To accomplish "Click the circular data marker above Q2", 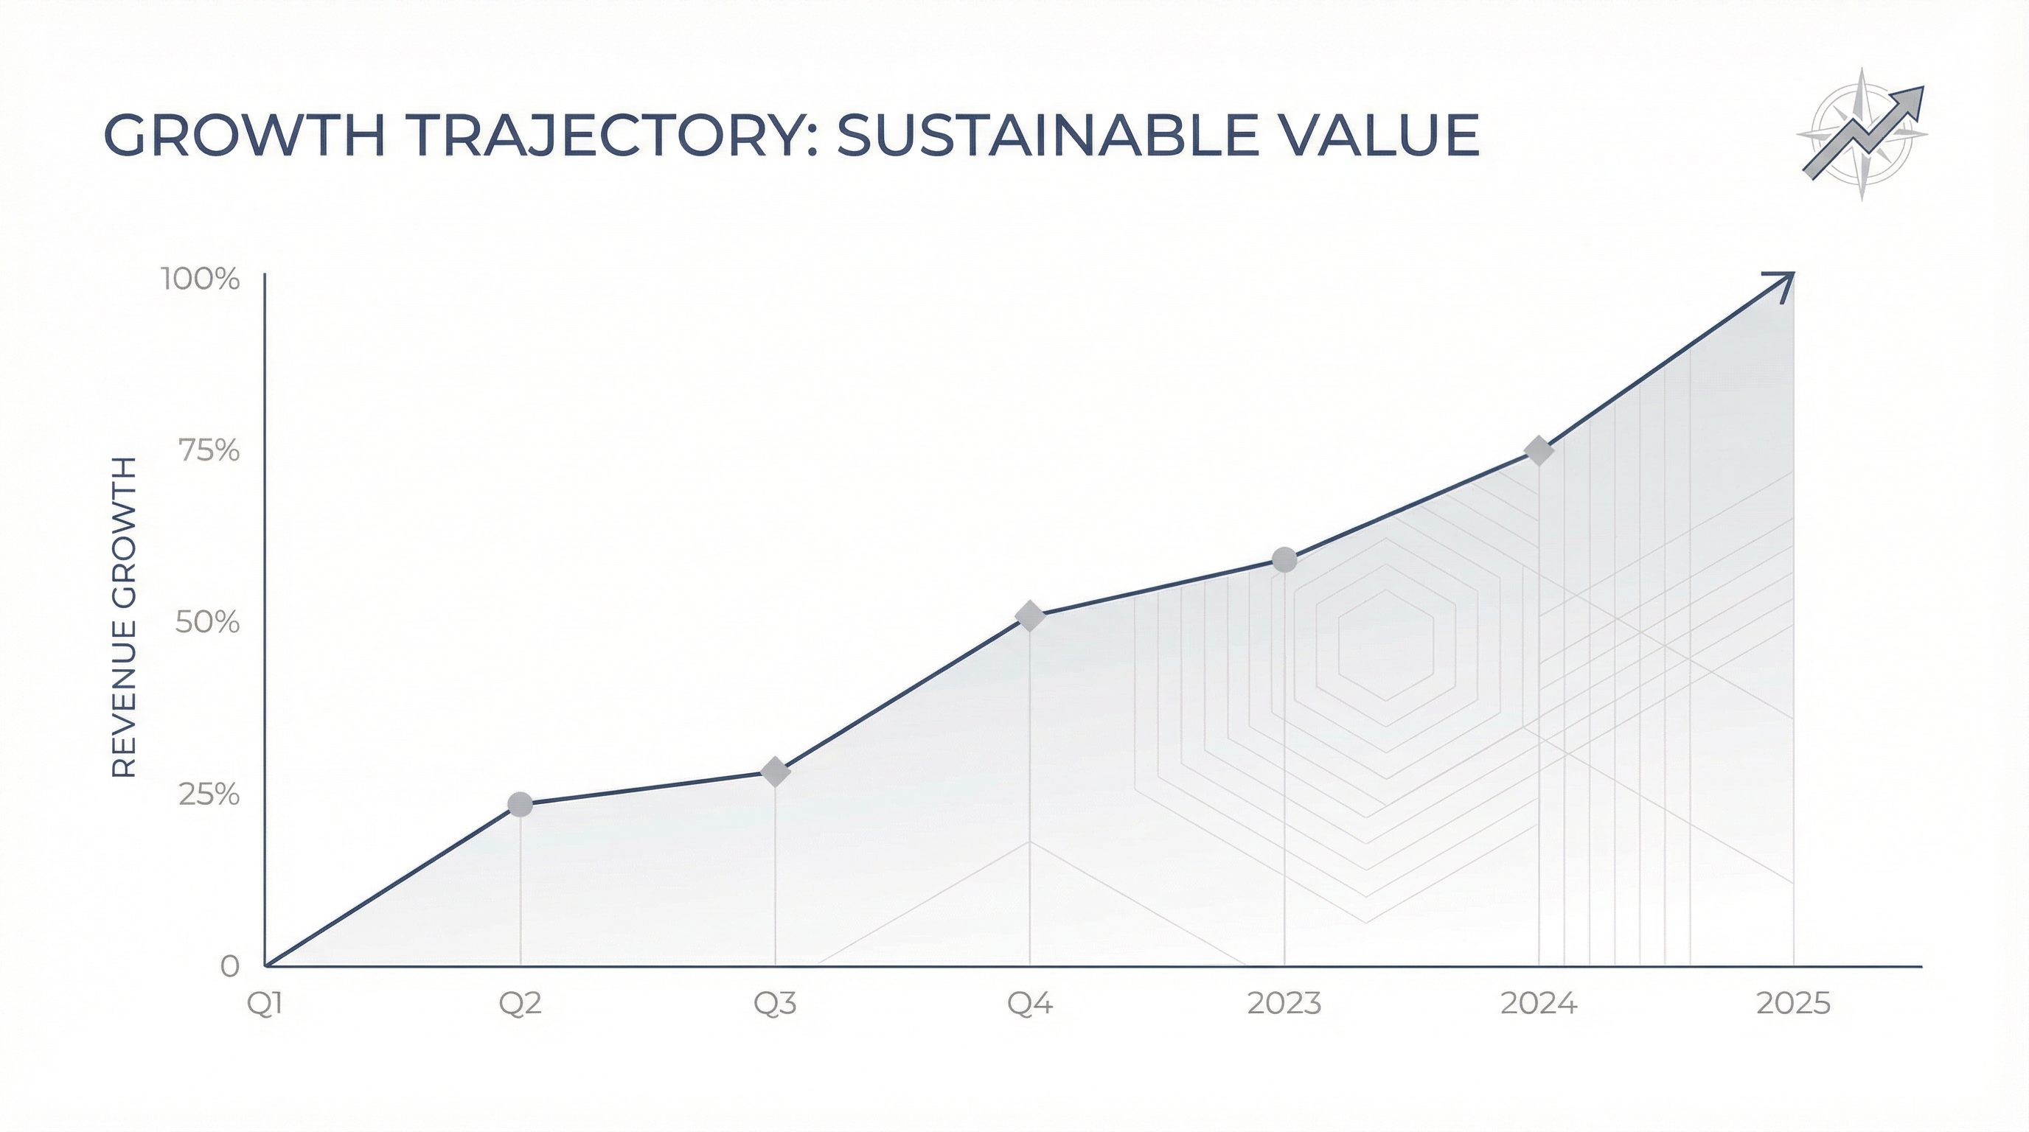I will coord(520,805).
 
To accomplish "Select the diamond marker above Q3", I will coord(775,772).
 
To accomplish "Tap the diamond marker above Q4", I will coord(1029,616).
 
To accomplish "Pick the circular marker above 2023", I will coord(1284,559).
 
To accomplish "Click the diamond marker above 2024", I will coord(1538,451).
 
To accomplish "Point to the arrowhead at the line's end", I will coord(1782,284).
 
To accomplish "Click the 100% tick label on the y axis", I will coord(200,279).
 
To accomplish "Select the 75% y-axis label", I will coord(209,451).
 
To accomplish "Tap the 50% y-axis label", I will coord(207,623).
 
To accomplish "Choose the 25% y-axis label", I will coord(209,795).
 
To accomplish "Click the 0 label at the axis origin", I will coord(229,967).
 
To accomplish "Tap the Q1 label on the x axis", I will coord(265,1004).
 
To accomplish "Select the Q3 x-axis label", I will coord(775,1004).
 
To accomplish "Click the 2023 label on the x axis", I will coord(1284,1004).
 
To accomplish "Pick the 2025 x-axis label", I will coord(1794,1004).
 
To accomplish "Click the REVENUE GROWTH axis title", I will coord(125,617).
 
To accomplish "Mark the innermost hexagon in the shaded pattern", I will coord(1385,645).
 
